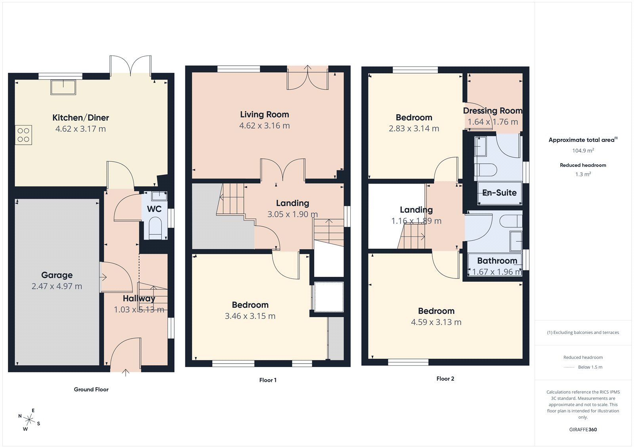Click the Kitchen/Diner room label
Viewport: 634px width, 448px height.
[80, 118]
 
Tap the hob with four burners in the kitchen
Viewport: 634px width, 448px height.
[23, 135]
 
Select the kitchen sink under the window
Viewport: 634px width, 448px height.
[63, 87]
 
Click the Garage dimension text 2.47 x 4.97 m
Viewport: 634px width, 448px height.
[57, 286]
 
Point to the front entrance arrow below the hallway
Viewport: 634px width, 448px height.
[126, 372]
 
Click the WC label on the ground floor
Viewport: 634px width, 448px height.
[154, 209]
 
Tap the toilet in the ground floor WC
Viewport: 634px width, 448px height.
[155, 229]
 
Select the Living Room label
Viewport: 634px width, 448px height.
[264, 114]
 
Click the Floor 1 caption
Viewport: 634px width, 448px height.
[268, 380]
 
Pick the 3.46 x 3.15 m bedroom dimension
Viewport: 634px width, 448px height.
[250, 316]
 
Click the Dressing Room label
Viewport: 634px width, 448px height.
[493, 111]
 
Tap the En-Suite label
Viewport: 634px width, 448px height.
[500, 193]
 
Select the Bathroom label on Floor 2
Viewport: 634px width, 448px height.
[497, 261]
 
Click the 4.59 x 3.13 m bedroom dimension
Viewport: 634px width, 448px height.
[436, 322]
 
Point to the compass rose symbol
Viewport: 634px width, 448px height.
[29, 419]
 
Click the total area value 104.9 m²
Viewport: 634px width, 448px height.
[583, 151]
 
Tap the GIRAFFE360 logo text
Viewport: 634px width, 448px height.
[583, 429]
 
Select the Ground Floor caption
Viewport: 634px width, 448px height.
[91, 389]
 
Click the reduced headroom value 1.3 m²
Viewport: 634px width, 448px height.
[583, 174]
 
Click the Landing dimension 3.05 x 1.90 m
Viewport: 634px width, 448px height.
[292, 214]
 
